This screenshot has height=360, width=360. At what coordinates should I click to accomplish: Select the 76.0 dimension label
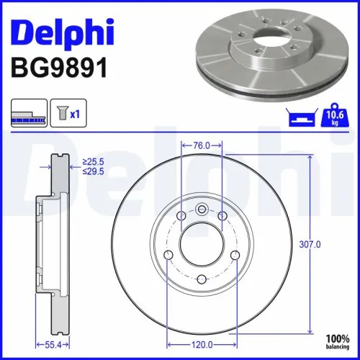point(202,145)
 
